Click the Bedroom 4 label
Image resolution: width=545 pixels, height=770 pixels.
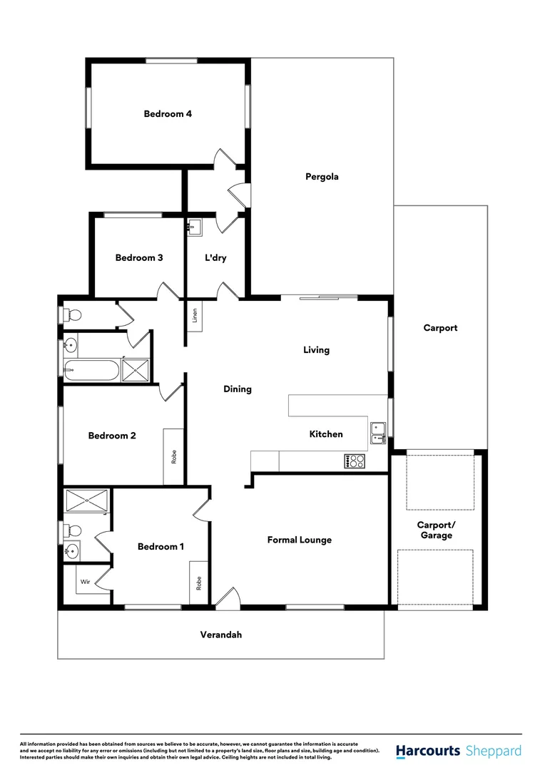click(x=168, y=113)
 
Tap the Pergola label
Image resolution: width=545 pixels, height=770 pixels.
click(x=322, y=177)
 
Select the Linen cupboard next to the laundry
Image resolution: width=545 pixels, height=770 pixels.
click(x=195, y=314)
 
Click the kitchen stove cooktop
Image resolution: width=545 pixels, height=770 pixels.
click(x=355, y=461)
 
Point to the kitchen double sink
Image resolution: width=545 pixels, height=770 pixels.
click(x=378, y=429)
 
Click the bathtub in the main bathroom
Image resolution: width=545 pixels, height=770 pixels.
click(x=90, y=370)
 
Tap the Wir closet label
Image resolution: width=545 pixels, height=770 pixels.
click(x=85, y=582)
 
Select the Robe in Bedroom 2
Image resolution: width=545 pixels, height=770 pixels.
click(x=174, y=456)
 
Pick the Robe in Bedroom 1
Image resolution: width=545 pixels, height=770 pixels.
click(x=199, y=583)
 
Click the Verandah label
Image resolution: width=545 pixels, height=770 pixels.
click(x=220, y=634)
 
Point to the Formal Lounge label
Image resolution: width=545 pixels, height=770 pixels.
click(x=300, y=540)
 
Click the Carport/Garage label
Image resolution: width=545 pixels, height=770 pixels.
click(x=436, y=530)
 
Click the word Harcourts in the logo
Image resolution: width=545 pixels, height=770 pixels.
click(x=427, y=751)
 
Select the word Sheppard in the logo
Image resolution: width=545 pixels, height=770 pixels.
click(x=493, y=751)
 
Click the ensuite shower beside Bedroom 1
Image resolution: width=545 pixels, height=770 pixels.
click(x=86, y=500)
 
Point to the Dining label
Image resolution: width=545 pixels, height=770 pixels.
click(x=238, y=389)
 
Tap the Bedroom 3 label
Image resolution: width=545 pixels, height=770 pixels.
click(x=139, y=257)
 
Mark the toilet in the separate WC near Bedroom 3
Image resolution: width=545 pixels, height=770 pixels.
click(x=72, y=314)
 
